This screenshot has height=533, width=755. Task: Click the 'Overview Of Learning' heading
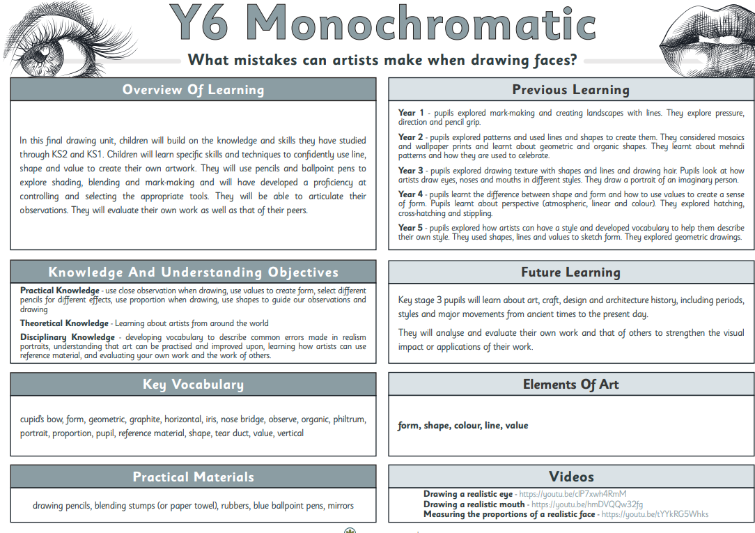click(193, 89)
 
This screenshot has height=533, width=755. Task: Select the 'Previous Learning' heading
click(570, 89)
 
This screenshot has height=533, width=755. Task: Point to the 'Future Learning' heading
click(570, 272)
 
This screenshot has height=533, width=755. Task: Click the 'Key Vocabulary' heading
click(193, 385)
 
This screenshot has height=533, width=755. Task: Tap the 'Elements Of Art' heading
click(570, 385)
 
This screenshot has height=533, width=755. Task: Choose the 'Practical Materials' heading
click(193, 477)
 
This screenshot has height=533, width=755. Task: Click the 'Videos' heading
click(571, 477)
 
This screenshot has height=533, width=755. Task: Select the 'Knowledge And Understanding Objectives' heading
click(193, 272)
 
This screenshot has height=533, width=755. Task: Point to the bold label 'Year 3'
click(411, 171)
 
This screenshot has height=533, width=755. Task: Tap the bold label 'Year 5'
click(411, 228)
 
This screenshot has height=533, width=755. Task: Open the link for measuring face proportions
click(655, 514)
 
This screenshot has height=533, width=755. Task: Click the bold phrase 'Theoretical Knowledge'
click(64, 323)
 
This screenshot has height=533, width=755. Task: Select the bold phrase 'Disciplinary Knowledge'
click(67, 337)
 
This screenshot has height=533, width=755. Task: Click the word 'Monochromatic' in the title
click(421, 25)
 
